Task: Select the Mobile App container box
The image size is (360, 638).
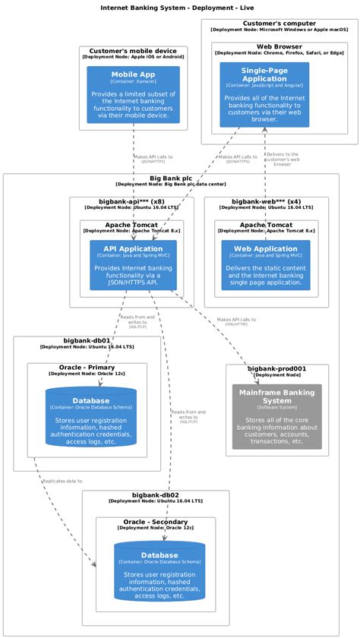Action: (x=133, y=94)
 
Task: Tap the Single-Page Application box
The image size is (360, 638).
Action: (x=264, y=94)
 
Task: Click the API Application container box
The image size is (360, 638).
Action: (x=133, y=265)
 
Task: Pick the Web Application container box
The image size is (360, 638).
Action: (x=265, y=265)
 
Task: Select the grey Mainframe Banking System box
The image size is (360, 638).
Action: (x=276, y=415)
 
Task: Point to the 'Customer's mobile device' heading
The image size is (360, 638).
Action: (x=133, y=50)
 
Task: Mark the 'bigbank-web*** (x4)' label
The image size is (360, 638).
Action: (x=266, y=201)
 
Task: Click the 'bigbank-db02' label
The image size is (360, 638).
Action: (x=155, y=494)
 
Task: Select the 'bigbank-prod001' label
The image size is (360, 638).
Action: (x=276, y=368)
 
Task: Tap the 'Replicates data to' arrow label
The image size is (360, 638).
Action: (x=62, y=481)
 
